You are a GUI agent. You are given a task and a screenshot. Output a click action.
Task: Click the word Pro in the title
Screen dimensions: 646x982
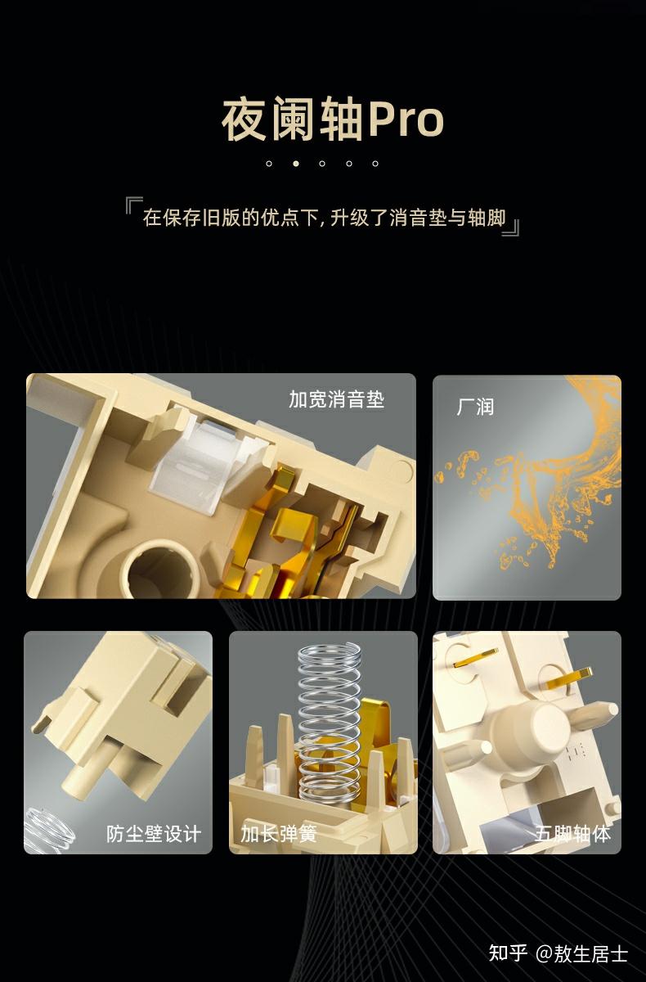coord(407,119)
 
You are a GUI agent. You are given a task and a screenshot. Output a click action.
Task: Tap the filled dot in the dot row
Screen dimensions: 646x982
coord(296,164)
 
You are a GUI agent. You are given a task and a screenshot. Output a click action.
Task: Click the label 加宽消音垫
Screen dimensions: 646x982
coord(336,399)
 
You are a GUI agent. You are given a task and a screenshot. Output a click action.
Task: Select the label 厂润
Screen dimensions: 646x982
coord(475,407)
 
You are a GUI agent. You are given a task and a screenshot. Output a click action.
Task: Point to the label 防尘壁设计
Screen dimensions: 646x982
coord(153,833)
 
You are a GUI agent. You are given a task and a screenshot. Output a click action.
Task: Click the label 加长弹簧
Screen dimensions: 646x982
coord(279,833)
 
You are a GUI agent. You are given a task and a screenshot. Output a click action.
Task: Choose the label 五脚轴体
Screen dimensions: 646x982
coord(572,833)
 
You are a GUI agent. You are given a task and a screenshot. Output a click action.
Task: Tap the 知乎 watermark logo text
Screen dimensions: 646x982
coord(508,953)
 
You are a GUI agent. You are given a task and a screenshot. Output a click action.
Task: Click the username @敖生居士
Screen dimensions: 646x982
coord(582,953)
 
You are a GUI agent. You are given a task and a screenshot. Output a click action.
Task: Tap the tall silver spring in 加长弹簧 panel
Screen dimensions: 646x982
coord(330,726)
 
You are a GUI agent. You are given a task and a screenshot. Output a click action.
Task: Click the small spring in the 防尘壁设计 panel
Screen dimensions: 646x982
coord(48,828)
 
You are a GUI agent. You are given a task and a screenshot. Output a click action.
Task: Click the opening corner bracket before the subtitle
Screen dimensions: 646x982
coord(133,205)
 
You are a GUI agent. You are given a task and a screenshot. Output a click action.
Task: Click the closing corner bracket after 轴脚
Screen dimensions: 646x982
coord(511,227)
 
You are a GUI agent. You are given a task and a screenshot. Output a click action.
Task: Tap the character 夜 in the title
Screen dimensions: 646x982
coord(244,119)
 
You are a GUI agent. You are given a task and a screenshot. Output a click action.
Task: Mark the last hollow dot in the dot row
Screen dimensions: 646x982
coord(375,164)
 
